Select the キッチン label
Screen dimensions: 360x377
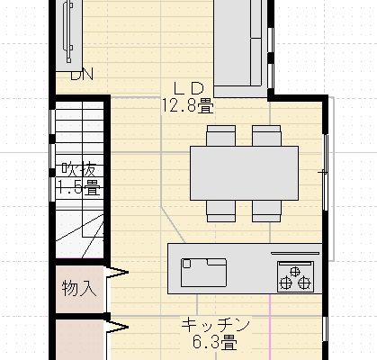[214, 325]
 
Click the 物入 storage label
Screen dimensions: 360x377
[78, 288]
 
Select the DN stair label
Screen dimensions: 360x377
[81, 75]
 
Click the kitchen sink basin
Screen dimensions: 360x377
[204, 267]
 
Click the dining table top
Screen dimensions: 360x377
[244, 171]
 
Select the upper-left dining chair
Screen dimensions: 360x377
[220, 135]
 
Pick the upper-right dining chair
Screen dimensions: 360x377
[267, 135]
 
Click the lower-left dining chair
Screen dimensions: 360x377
[220, 210]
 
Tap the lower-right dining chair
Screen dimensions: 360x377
[267, 210]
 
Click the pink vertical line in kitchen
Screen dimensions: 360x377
[268, 328]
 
